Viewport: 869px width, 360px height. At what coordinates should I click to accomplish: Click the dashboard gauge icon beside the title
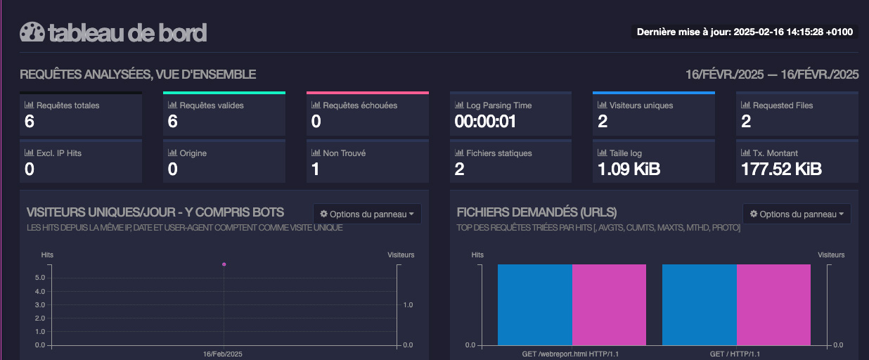coord(32,32)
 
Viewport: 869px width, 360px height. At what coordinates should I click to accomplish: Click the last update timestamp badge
coord(745,32)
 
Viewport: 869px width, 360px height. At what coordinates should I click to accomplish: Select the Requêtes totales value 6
coord(30,122)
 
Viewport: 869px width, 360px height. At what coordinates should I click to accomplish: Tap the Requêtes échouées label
coord(359,105)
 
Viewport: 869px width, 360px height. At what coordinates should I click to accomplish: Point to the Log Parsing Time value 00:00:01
coord(485,122)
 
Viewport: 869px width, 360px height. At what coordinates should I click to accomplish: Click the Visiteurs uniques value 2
coord(603,122)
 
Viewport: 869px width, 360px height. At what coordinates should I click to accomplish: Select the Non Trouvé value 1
coord(316,169)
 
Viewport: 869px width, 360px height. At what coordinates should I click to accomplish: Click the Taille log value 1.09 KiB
coord(629,169)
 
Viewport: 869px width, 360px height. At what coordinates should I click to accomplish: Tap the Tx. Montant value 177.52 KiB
coord(781,169)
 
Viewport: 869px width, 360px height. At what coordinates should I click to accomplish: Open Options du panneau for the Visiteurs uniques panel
coord(367,214)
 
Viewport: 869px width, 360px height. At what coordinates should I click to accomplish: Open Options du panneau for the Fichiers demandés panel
coord(797,214)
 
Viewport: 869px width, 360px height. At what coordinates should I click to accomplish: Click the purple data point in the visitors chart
coord(224,264)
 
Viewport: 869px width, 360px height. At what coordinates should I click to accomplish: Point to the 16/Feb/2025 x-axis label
coord(223,354)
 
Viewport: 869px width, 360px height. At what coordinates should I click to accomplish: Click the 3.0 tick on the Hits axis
coord(40,304)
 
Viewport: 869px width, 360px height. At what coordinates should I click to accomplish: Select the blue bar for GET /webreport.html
coord(534,304)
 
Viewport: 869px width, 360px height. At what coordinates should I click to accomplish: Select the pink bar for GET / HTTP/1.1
coord(773,304)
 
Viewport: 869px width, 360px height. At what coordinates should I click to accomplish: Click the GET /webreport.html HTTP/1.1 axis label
coord(571,354)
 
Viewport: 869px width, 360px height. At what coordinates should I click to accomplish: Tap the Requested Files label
coord(783,105)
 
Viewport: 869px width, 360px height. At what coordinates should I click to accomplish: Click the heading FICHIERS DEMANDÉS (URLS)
coord(536,212)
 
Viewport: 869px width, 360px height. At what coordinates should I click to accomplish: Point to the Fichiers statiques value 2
coord(459,169)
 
